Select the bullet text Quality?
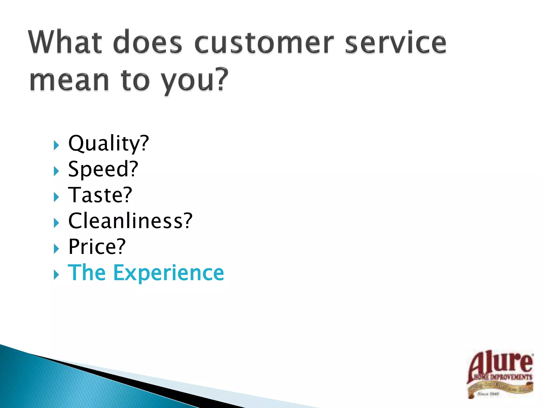tap(108, 143)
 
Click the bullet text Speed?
tap(103, 169)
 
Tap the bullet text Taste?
tap(100, 195)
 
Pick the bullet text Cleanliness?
tap(130, 221)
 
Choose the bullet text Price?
tap(97, 247)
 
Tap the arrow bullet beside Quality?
tap(56, 146)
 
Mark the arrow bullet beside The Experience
tap(56, 275)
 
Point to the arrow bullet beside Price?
tap(56, 249)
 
